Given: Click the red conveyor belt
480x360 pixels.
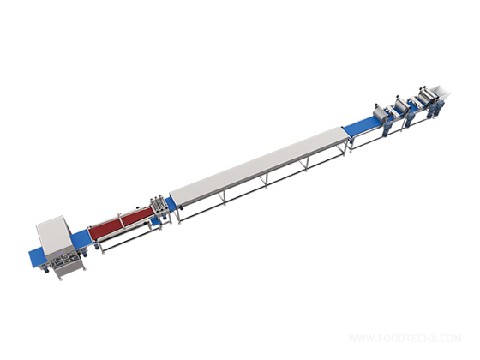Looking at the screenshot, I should (120, 225).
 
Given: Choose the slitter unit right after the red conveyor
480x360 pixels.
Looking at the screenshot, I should (158, 208).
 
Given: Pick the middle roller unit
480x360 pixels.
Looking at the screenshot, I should (400, 103).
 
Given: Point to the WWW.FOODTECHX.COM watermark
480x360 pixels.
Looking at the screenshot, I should (403, 338).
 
